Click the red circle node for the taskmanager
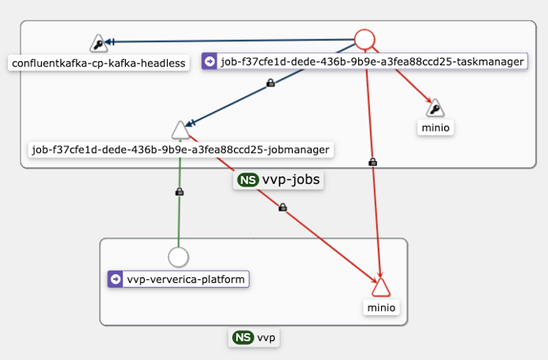pos(365,39)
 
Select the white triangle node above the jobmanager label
pos(180,130)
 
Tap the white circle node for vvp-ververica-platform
pos(179,257)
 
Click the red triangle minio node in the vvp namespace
pos(381,286)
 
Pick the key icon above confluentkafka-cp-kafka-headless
pos(98,43)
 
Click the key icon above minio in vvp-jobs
pos(435,108)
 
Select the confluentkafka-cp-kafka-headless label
pos(98,62)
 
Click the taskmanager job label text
pos(373,61)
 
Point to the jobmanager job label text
pos(180,150)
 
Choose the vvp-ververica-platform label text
pos(186,280)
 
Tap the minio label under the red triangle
pos(381,308)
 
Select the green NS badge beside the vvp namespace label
pos(242,337)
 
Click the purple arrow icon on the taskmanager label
pos(210,61)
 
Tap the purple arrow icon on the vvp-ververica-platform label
pos(115,280)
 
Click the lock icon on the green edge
pos(179,191)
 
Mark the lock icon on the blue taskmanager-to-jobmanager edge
pos(271,83)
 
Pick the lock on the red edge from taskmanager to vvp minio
pos(373,162)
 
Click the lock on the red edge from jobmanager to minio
pos(282,208)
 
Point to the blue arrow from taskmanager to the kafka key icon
pos(229,41)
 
